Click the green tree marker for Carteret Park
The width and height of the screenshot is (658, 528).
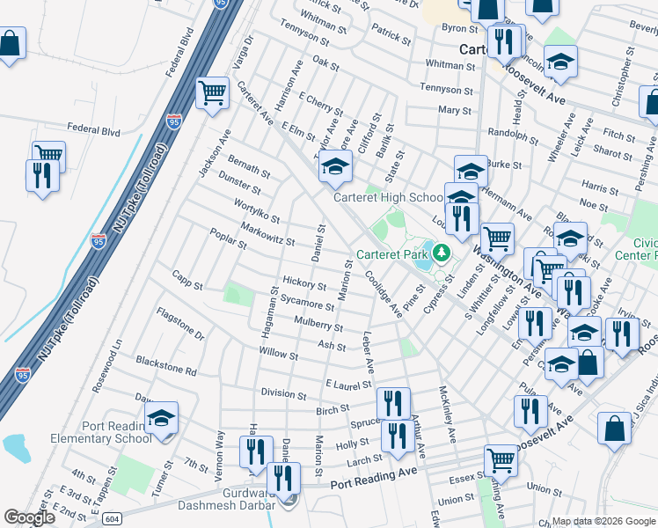tap(441, 255)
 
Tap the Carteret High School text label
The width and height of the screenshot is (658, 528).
tap(388, 198)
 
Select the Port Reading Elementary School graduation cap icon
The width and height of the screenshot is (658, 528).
tap(161, 419)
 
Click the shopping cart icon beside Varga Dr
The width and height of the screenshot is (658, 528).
tap(212, 92)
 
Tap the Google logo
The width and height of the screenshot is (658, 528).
tap(29, 517)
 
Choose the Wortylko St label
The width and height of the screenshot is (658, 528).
tap(257, 211)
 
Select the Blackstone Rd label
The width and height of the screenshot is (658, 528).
tap(166, 365)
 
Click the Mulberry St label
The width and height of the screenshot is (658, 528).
tap(318, 324)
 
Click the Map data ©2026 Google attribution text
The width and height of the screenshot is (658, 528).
tap(603, 521)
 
